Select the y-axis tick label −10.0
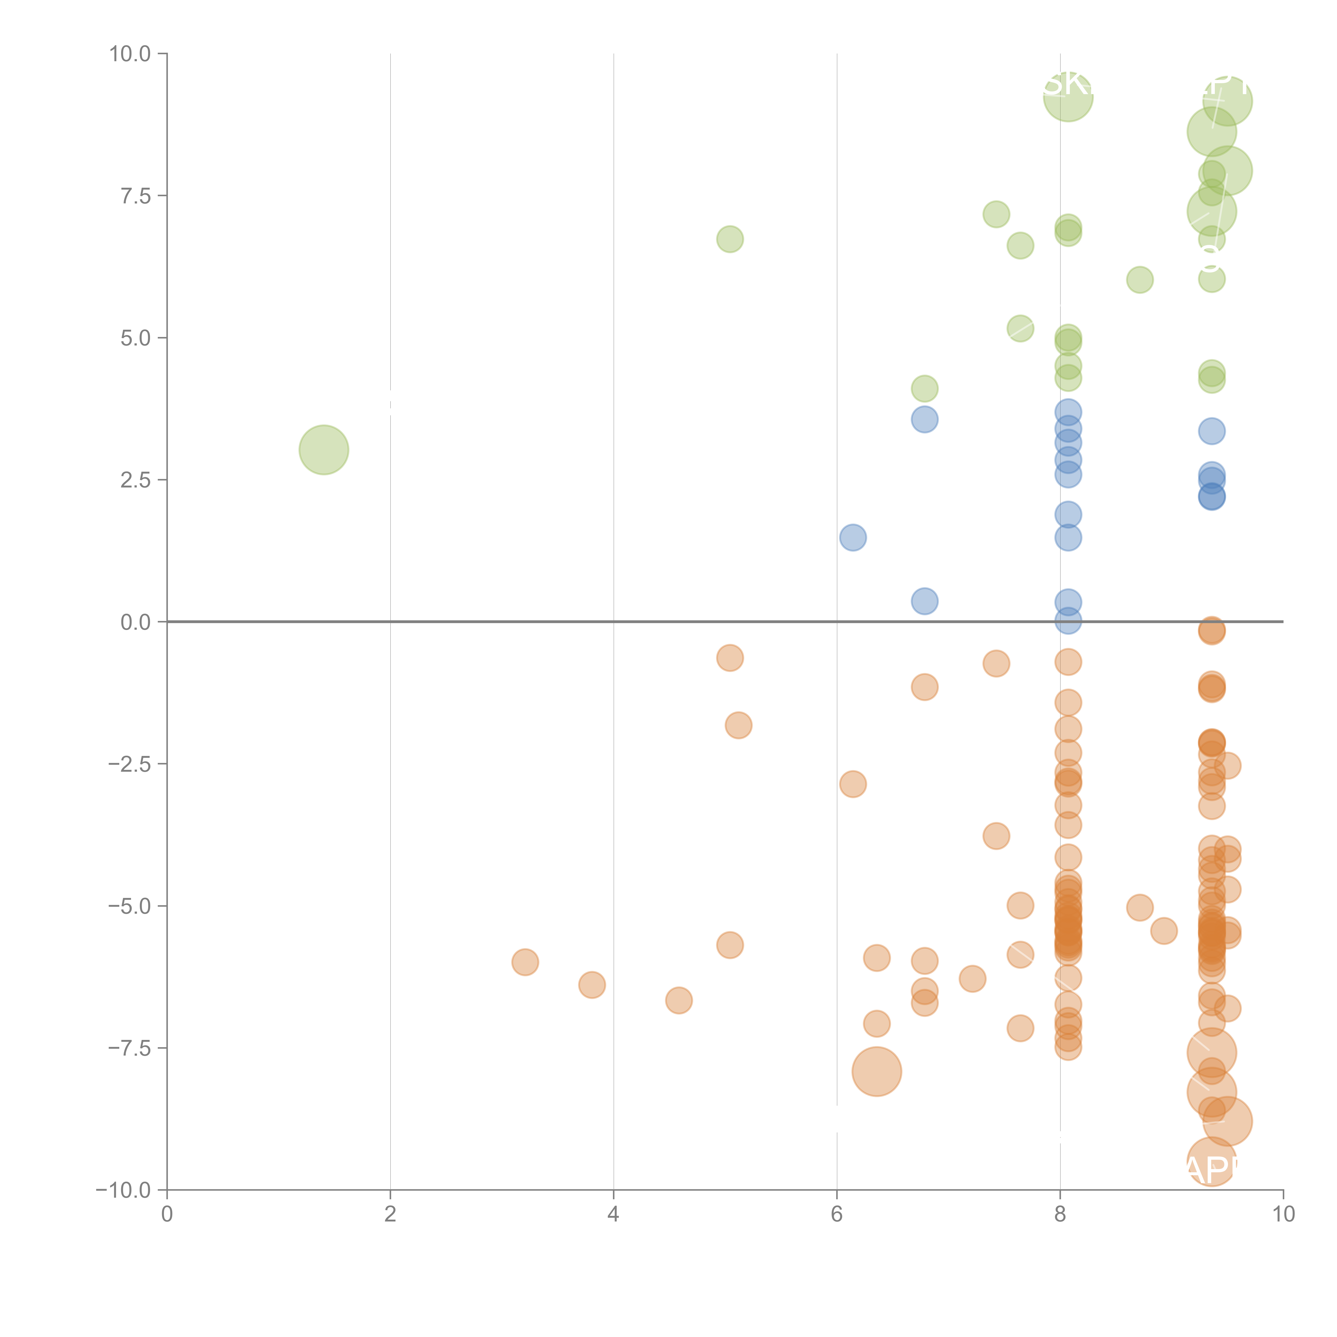click(123, 1190)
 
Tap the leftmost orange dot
click(525, 962)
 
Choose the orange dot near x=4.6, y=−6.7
click(679, 1000)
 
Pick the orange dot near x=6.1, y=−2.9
click(852, 784)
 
